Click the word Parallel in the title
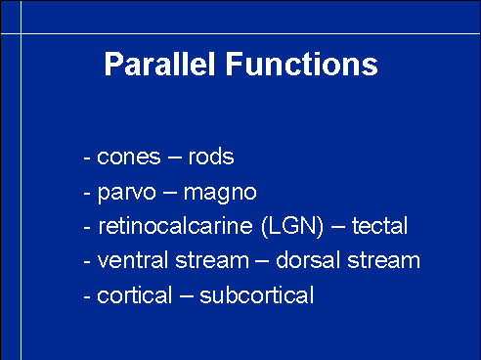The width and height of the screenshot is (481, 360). pyautogui.click(x=159, y=64)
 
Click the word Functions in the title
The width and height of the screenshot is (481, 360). pyautogui.click(x=302, y=64)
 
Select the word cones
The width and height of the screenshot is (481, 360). pyautogui.click(x=129, y=157)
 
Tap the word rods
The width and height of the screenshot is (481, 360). pyautogui.click(x=211, y=156)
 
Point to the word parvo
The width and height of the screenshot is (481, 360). pyautogui.click(x=127, y=194)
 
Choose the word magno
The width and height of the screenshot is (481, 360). pyautogui.click(x=220, y=194)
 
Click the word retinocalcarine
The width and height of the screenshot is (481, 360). pyautogui.click(x=175, y=225)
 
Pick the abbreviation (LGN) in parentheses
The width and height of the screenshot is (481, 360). pyautogui.click(x=292, y=226)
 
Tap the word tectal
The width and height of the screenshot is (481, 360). pyautogui.click(x=379, y=225)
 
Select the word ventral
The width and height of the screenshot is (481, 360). pyautogui.click(x=133, y=260)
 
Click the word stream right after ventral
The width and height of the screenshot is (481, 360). pyautogui.click(x=212, y=261)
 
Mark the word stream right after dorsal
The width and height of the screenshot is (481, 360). pyautogui.click(x=383, y=261)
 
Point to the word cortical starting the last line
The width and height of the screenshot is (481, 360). pyautogui.click(x=134, y=295)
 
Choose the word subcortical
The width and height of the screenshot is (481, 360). pyautogui.click(x=257, y=295)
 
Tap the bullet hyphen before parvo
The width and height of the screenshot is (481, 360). pyautogui.click(x=87, y=194)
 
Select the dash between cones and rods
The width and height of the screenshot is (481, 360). pyautogui.click(x=175, y=158)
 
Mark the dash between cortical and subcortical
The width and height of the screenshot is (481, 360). pyautogui.click(x=186, y=297)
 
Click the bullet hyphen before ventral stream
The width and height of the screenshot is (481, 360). pyautogui.click(x=87, y=262)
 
